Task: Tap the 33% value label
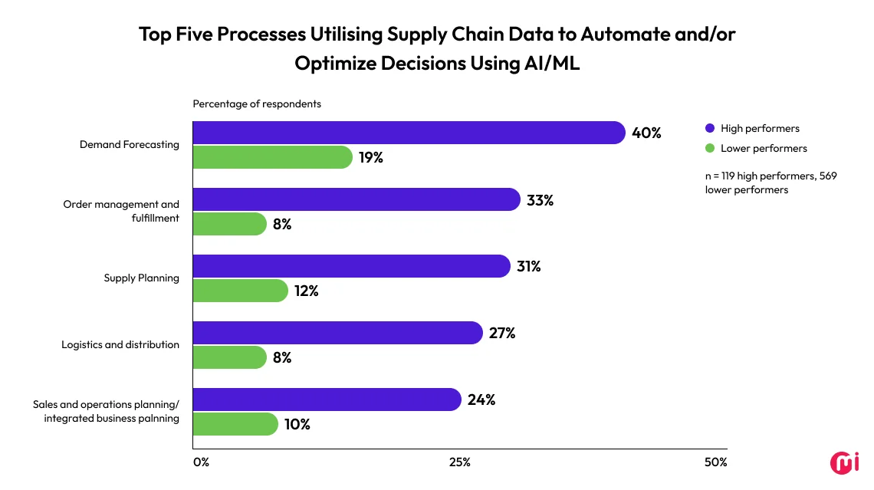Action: tap(540, 200)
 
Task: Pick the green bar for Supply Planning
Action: tap(240, 291)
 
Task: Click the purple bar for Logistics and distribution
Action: tap(337, 333)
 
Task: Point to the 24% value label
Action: tap(481, 400)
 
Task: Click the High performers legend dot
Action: tap(709, 129)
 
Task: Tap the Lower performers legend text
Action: tap(764, 148)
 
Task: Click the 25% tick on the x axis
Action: tap(459, 462)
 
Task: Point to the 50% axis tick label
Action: tap(715, 462)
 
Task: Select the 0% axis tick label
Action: tap(201, 462)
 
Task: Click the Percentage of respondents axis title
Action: tap(256, 104)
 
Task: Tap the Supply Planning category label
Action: tap(141, 278)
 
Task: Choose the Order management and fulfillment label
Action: tap(121, 211)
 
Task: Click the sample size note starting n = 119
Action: tap(770, 183)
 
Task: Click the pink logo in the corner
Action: tap(844, 462)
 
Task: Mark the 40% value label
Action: tap(646, 133)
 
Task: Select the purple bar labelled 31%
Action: tap(351, 266)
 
